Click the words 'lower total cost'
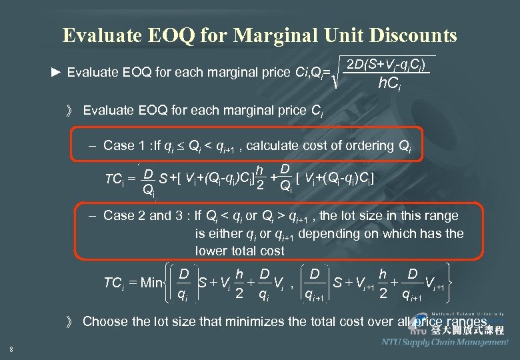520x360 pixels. [x=239, y=251]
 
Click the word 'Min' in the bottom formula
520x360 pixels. [x=151, y=283]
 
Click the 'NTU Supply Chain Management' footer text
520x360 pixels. [x=445, y=342]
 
